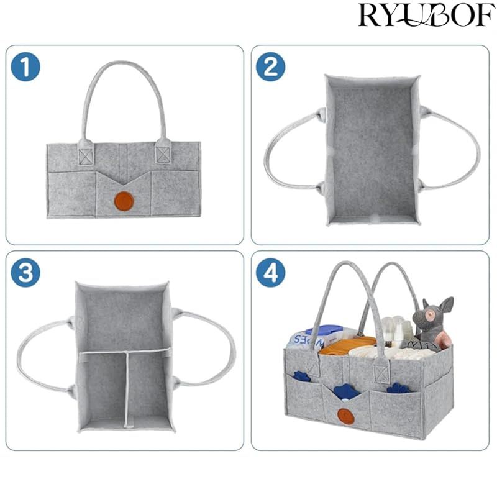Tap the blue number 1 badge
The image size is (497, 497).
[x=25, y=67]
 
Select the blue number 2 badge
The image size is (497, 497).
[x=270, y=67]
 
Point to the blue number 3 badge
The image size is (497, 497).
[x=25, y=273]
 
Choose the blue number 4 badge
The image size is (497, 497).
[x=270, y=273]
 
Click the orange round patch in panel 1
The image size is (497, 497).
[x=124, y=201]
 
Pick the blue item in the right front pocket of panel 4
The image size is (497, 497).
[x=398, y=388]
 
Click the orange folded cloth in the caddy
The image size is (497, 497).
[x=347, y=346]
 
